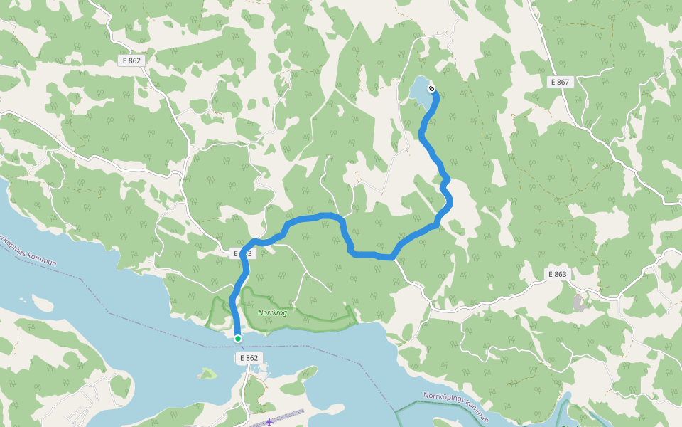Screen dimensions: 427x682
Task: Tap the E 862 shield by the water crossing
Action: (x=249, y=358)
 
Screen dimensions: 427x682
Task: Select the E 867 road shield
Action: (x=560, y=82)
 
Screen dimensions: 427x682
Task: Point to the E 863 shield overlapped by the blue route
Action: (x=242, y=253)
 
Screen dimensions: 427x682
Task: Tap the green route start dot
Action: (x=237, y=339)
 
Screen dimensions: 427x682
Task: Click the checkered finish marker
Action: (x=432, y=89)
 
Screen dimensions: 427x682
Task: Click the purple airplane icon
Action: (x=269, y=421)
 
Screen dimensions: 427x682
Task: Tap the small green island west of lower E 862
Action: (x=207, y=373)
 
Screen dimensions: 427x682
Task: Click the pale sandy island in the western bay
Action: (x=43, y=305)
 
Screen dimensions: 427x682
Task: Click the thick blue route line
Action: (x=369, y=253)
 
